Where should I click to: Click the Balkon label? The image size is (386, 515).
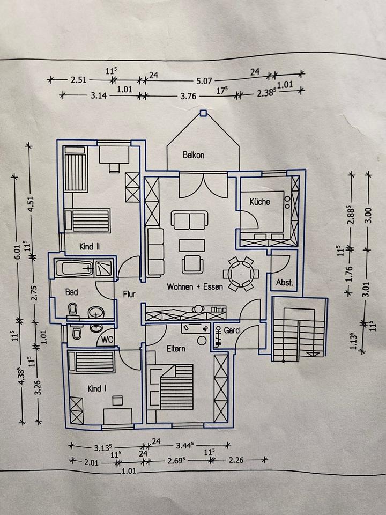[x=193, y=155]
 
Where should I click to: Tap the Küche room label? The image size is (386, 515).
[x=259, y=202]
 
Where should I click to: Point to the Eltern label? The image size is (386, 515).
[x=176, y=349]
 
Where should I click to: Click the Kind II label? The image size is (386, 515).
[x=90, y=247]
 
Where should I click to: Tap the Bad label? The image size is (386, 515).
[x=71, y=292]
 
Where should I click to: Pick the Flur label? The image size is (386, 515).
[x=129, y=294]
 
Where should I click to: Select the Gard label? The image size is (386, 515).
[x=232, y=330]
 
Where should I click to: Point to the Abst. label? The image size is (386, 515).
[x=284, y=283]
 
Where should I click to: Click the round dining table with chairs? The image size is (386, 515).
[x=240, y=273]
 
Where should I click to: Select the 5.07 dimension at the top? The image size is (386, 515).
[x=204, y=81]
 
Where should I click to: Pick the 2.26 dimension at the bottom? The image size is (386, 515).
[x=236, y=460]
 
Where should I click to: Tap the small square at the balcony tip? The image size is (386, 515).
[x=203, y=113]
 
